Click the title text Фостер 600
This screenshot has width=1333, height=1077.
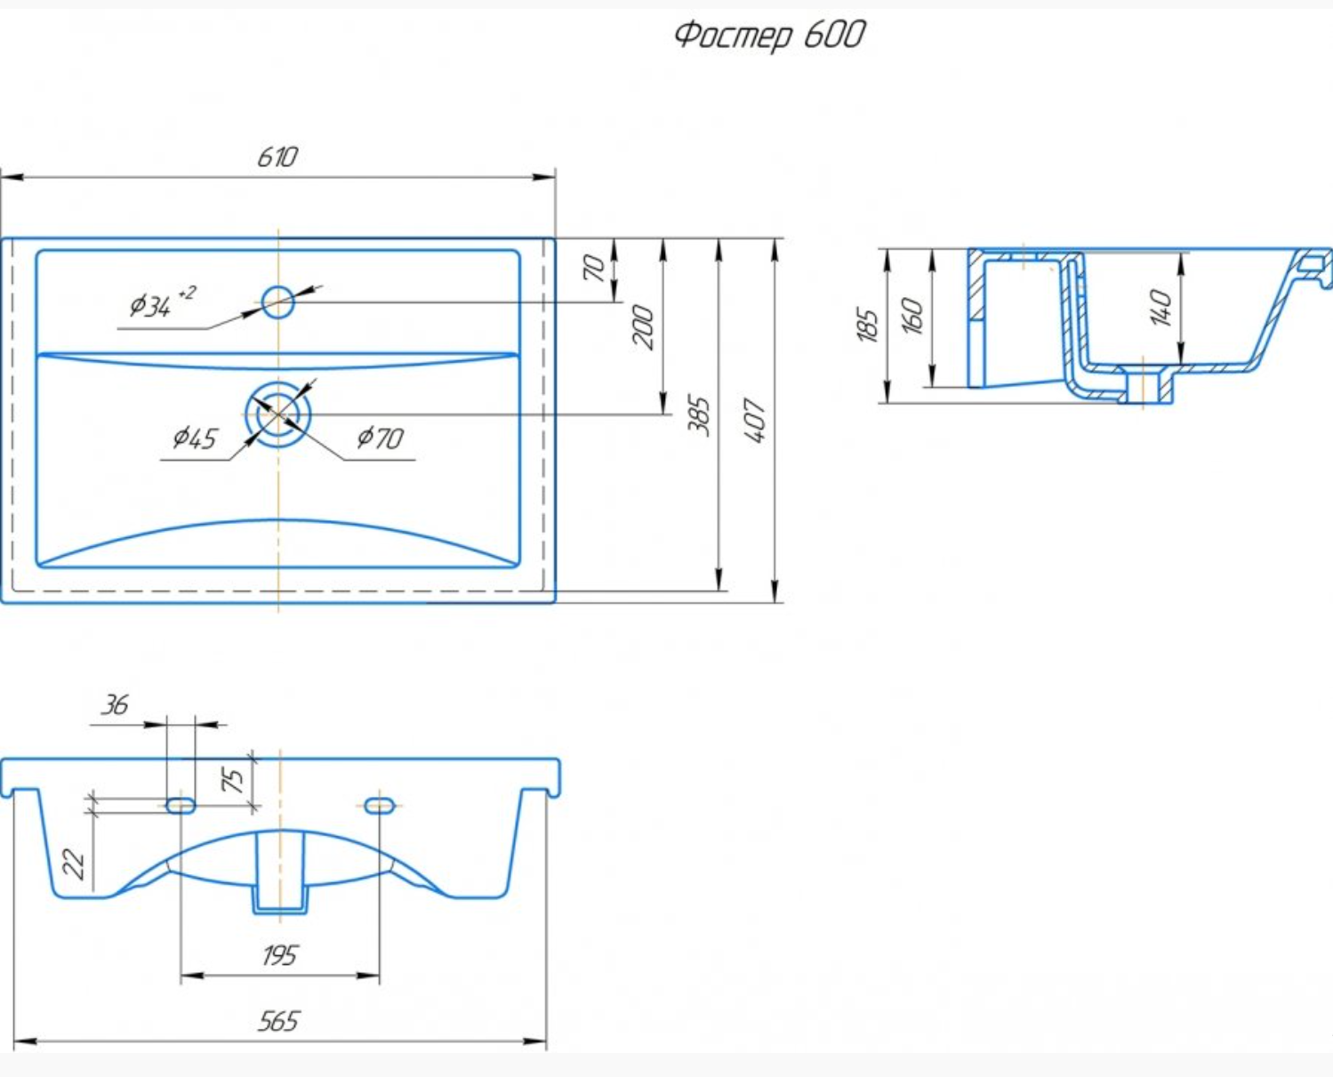pyautogui.click(x=770, y=35)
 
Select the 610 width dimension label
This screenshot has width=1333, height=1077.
pyautogui.click(x=277, y=157)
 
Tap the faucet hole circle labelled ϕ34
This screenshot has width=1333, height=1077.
pyautogui.click(x=277, y=302)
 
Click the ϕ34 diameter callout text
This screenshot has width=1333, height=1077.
pyautogui.click(x=162, y=303)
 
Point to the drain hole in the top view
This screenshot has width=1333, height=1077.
pyautogui.click(x=277, y=414)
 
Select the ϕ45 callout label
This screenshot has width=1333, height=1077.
pyautogui.click(x=195, y=438)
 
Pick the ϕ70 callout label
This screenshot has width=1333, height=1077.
pyautogui.click(x=380, y=438)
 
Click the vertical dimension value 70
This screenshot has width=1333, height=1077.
pyautogui.click(x=594, y=268)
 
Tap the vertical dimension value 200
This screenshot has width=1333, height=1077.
pyautogui.click(x=643, y=327)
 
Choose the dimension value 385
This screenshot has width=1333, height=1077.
pyautogui.click(x=699, y=415)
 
